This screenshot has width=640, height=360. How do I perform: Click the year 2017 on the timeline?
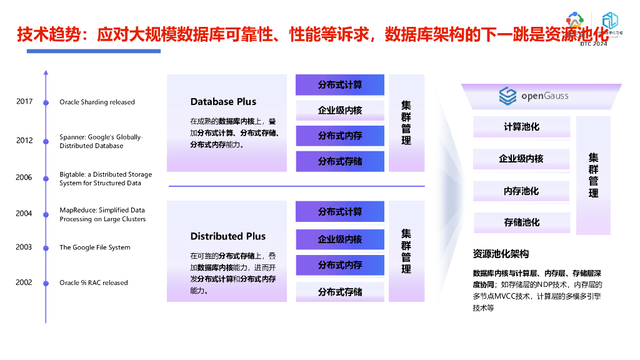click(x=24, y=101)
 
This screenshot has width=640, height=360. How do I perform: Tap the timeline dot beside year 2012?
click(x=46, y=141)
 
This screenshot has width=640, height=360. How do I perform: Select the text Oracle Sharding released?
click(x=97, y=102)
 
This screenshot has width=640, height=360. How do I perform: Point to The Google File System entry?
click(x=95, y=247)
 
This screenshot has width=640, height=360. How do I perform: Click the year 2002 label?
click(x=24, y=282)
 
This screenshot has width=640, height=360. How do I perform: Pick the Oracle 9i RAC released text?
click(x=94, y=283)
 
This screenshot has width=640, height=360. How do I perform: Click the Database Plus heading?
click(x=223, y=102)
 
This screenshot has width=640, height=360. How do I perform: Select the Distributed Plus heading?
click(x=228, y=236)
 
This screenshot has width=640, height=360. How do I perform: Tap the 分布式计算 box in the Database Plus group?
click(x=339, y=85)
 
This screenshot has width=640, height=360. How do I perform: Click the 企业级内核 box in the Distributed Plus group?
click(x=339, y=239)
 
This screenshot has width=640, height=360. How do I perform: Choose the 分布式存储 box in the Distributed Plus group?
click(x=339, y=292)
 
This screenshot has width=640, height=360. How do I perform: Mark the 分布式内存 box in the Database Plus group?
click(x=339, y=136)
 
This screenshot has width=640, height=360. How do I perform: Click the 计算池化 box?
click(x=521, y=127)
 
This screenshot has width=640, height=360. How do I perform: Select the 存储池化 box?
click(x=521, y=222)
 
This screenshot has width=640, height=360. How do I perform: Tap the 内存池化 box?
click(x=521, y=191)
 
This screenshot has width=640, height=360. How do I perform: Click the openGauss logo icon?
click(x=507, y=96)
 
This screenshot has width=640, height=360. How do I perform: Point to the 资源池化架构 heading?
click(x=501, y=254)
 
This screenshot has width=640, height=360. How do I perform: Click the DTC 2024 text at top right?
click(x=593, y=44)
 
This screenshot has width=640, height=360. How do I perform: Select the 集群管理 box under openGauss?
click(x=593, y=175)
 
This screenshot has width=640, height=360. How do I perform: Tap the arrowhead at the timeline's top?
click(x=46, y=72)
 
